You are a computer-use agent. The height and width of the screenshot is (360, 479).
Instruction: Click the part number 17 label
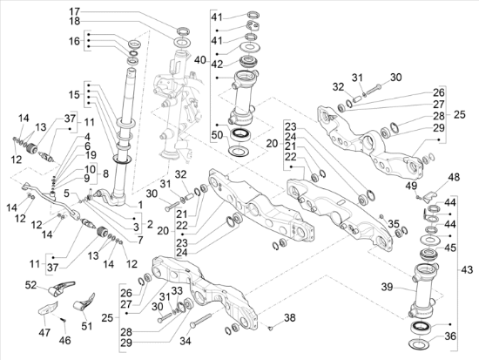(75, 12)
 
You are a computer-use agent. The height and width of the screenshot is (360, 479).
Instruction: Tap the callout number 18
(75, 21)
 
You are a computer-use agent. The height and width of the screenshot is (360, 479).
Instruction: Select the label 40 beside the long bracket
(200, 60)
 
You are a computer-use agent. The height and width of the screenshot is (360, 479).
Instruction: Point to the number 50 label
(218, 135)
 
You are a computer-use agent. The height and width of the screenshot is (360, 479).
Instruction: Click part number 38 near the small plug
(290, 318)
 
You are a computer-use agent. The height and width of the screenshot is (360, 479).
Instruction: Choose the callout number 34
(186, 341)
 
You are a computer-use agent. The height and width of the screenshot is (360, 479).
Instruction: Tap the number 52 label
(30, 285)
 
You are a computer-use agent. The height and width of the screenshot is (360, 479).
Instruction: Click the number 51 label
(87, 326)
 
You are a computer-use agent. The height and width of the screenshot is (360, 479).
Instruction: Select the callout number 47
(44, 332)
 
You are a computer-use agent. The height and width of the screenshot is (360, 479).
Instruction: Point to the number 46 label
(64, 340)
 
